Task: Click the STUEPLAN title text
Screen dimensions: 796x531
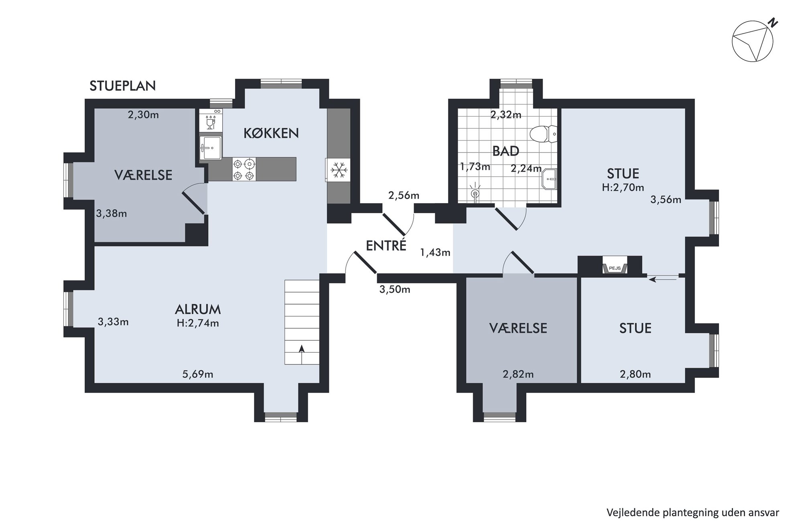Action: [x=122, y=86]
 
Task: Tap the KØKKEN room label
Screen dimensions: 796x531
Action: [x=271, y=133]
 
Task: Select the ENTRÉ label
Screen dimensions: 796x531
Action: [x=386, y=245]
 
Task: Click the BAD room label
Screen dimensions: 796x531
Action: [x=506, y=151]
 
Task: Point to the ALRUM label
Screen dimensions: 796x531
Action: [x=198, y=309]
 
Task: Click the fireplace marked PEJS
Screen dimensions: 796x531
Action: [x=615, y=268]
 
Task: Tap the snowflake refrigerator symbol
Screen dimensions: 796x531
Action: [x=339, y=170]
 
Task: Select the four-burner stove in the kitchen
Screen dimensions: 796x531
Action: [x=244, y=169]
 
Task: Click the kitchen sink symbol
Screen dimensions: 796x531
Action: [x=211, y=147]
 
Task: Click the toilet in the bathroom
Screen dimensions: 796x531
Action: [x=543, y=134]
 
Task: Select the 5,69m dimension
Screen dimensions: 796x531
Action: [x=198, y=374]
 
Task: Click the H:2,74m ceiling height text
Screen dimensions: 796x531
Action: [x=198, y=323]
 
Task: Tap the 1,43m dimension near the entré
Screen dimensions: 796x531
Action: [x=435, y=252]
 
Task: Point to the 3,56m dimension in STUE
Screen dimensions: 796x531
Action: [x=666, y=199]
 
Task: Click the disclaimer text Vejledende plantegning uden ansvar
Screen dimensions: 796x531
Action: [x=692, y=513]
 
